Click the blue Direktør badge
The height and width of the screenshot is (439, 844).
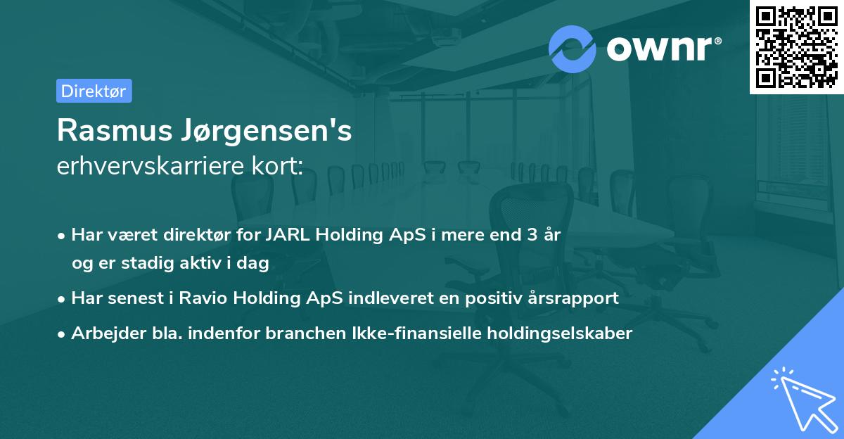94,91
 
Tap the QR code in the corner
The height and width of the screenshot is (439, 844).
796,46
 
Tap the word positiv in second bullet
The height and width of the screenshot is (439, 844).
490,298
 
